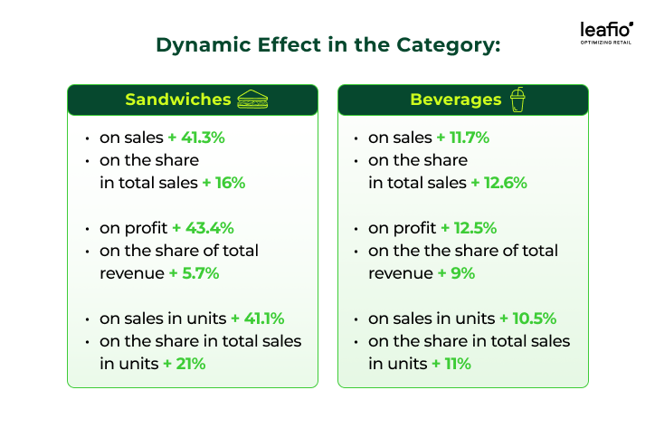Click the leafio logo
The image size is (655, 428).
(x=606, y=30)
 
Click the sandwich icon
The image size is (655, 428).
(x=252, y=100)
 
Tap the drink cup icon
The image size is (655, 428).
(x=517, y=99)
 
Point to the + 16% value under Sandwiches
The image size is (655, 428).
(x=223, y=182)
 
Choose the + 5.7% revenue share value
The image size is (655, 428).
(x=194, y=271)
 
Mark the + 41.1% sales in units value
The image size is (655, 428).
(x=258, y=319)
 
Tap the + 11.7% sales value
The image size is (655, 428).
(x=463, y=138)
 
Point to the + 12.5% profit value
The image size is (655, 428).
(x=470, y=228)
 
